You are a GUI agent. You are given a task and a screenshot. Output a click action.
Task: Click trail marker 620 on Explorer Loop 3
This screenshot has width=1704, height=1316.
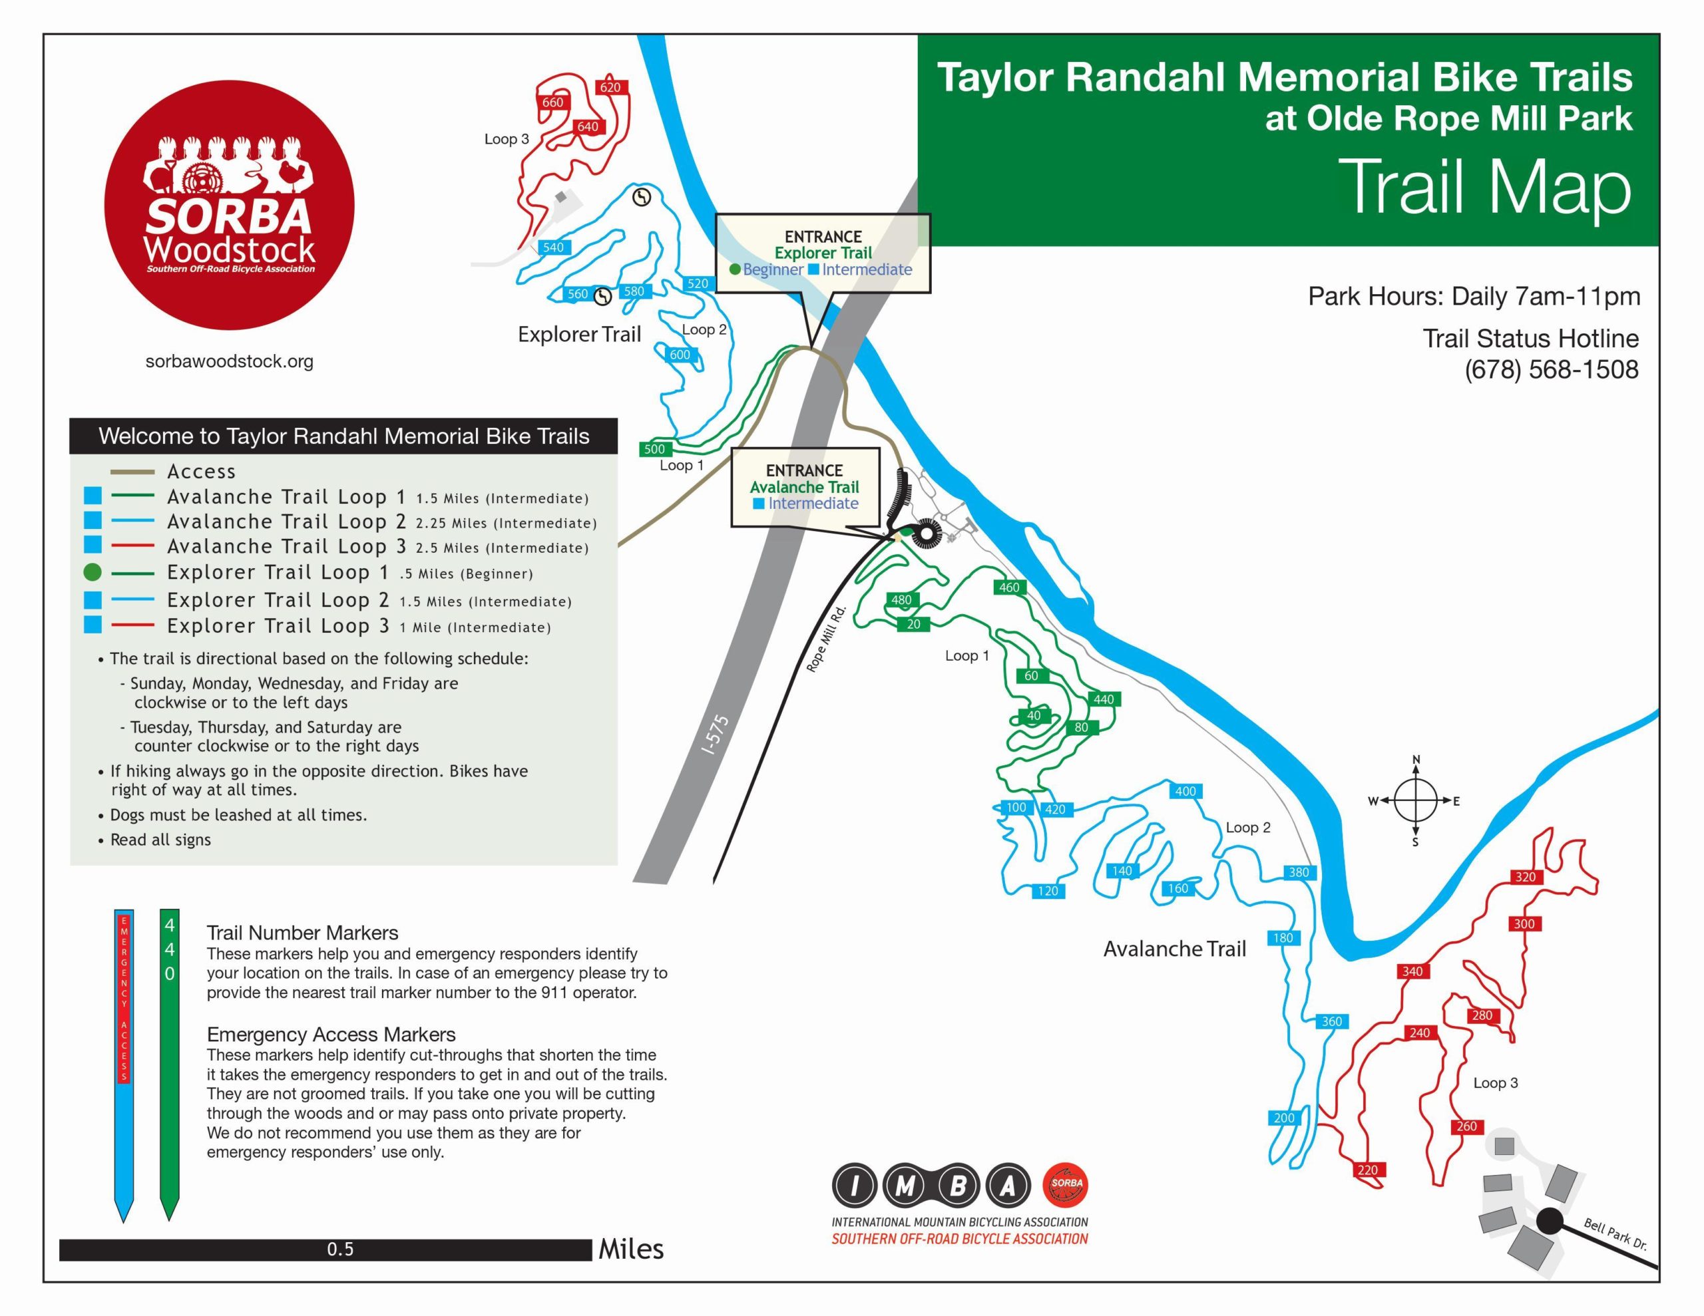(x=610, y=87)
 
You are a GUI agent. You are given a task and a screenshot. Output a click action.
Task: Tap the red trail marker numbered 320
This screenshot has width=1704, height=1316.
(x=1526, y=877)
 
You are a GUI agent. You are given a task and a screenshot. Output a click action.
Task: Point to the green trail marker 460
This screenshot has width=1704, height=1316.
(x=1009, y=587)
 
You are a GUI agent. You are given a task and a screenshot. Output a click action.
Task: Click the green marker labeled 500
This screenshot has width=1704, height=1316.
(x=654, y=448)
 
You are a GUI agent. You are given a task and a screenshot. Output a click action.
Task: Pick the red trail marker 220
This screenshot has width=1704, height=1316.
(x=1367, y=1170)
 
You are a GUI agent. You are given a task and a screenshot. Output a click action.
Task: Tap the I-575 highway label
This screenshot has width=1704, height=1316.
(x=716, y=735)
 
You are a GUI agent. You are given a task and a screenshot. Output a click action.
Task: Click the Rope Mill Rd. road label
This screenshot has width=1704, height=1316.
(x=826, y=638)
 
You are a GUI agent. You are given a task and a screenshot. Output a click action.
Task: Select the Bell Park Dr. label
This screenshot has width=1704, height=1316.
(x=1615, y=1234)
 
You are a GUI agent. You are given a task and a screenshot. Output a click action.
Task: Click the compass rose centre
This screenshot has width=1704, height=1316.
(x=1415, y=800)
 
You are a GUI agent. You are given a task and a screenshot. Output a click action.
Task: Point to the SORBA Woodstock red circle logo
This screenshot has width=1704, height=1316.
(x=230, y=204)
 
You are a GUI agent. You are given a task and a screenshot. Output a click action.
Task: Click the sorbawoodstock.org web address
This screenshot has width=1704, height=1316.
(x=230, y=361)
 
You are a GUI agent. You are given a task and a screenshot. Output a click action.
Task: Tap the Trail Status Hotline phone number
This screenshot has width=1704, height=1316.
(x=1551, y=369)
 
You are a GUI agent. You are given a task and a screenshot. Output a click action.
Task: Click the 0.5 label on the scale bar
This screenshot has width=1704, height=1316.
(x=340, y=1249)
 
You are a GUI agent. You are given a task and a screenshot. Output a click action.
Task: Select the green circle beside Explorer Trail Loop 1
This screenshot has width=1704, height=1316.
(x=92, y=573)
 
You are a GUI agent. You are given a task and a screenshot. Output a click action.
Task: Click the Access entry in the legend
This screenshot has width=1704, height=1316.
(x=200, y=471)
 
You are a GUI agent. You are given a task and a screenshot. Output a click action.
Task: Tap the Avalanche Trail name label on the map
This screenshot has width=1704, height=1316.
(x=1174, y=949)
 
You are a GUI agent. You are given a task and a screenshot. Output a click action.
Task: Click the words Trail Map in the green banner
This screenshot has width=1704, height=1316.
(x=1485, y=187)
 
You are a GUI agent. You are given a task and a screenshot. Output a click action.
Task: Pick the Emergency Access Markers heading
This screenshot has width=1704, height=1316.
(x=331, y=1035)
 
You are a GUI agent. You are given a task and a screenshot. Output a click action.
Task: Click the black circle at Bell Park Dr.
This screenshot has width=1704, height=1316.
(x=1550, y=1221)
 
